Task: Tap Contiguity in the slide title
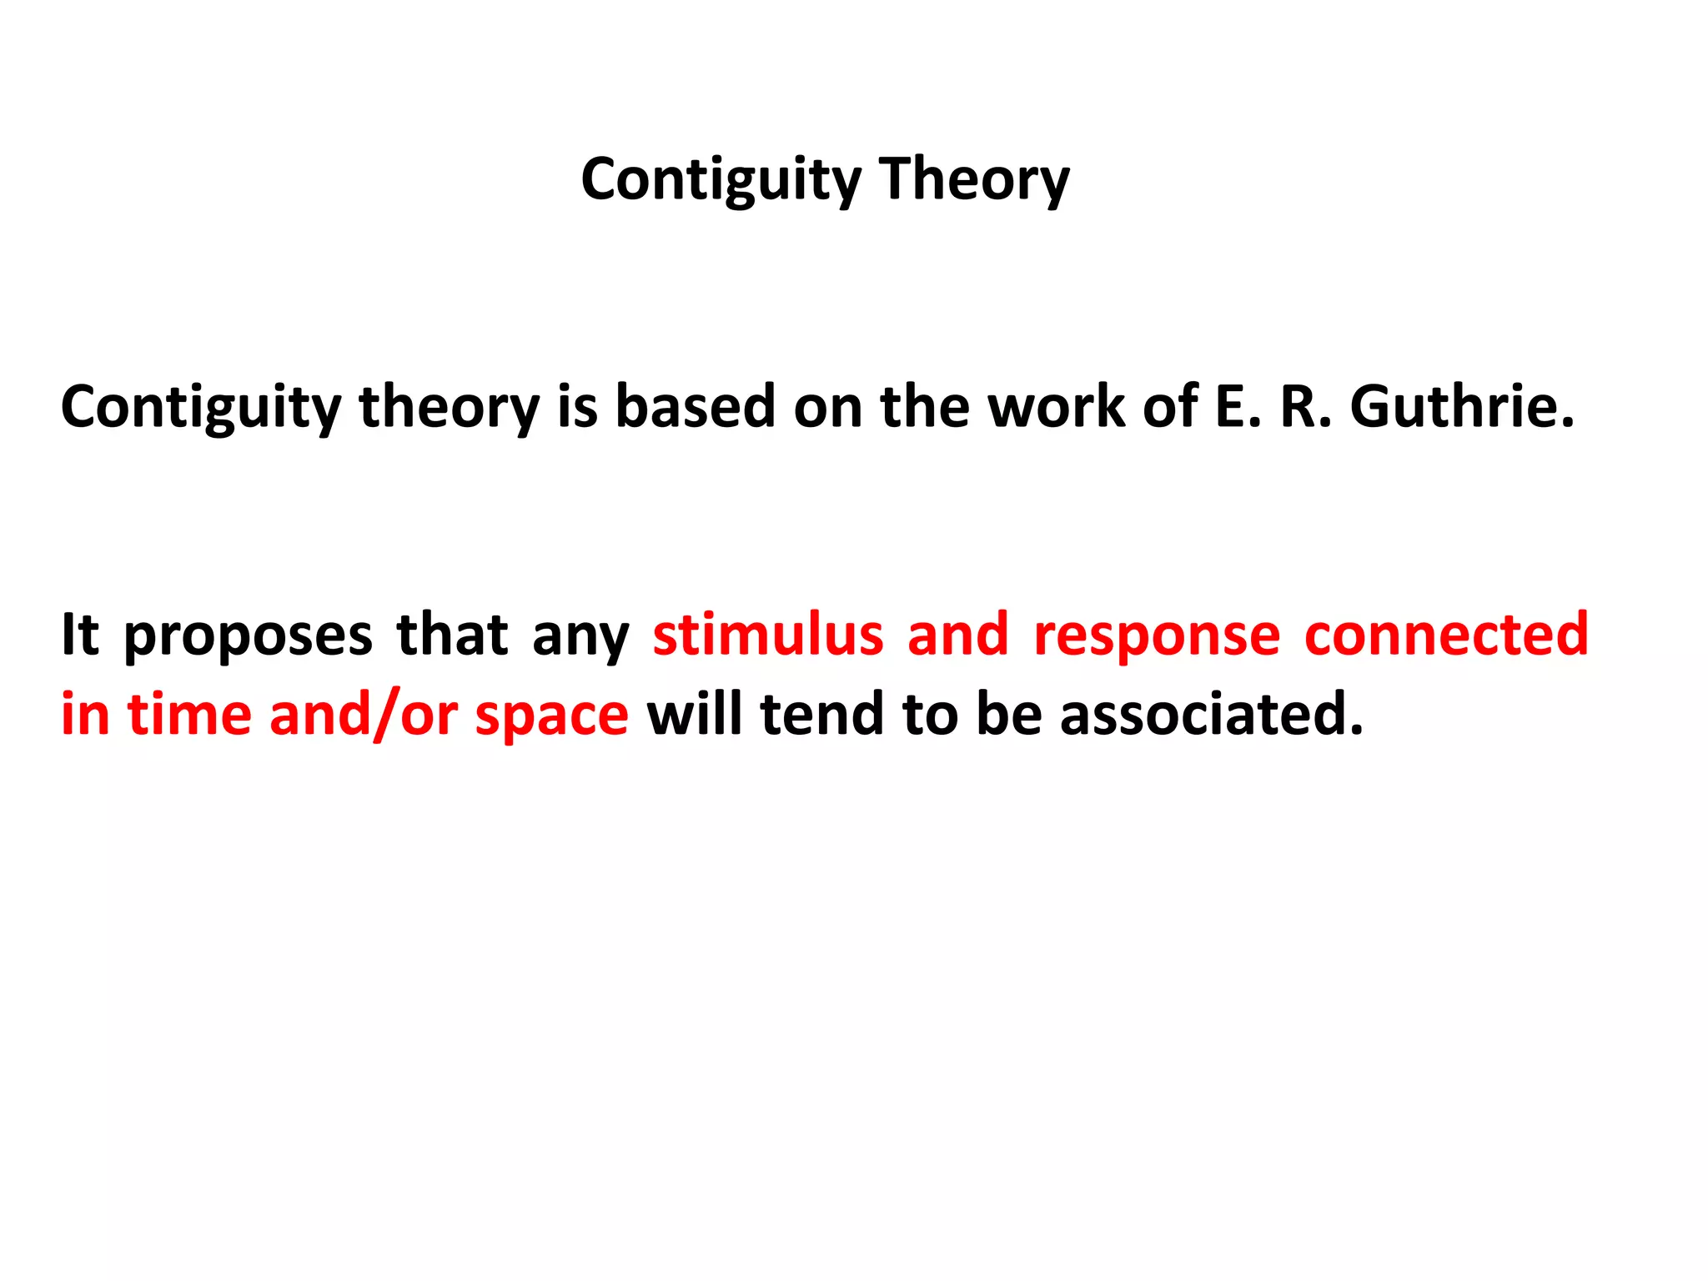[x=721, y=179]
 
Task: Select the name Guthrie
[x=1462, y=407]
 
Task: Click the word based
[x=695, y=407]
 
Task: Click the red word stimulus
[x=767, y=635]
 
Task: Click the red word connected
[x=1446, y=635]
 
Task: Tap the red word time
[x=189, y=715]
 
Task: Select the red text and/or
[x=364, y=715]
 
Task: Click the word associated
[x=1211, y=715]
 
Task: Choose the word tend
[x=822, y=715]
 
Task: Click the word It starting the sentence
[x=80, y=635]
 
